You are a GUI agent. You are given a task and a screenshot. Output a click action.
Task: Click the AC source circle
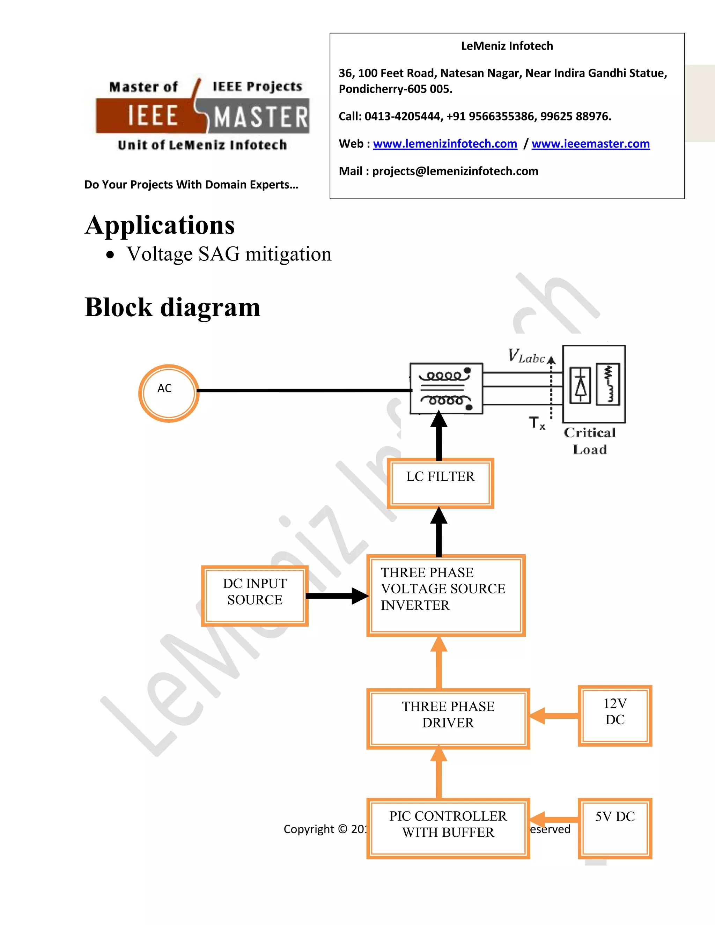[x=169, y=393]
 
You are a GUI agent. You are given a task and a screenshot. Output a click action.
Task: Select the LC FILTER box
[x=441, y=483]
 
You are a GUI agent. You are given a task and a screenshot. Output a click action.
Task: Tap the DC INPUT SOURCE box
[x=255, y=595]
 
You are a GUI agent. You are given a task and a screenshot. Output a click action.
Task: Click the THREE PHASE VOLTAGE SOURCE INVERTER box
[x=445, y=595]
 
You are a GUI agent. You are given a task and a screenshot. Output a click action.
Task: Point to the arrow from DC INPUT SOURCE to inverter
[x=337, y=595]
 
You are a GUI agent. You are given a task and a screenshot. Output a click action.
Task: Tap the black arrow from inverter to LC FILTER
[x=439, y=532]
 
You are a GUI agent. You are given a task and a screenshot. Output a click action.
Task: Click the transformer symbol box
[x=446, y=388]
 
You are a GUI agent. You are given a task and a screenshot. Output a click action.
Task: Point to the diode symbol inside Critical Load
[x=580, y=385]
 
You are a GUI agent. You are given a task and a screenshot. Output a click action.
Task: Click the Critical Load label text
[x=590, y=441]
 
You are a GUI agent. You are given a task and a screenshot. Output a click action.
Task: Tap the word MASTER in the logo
[x=260, y=117]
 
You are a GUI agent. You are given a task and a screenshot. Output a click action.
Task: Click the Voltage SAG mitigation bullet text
[x=229, y=254]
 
